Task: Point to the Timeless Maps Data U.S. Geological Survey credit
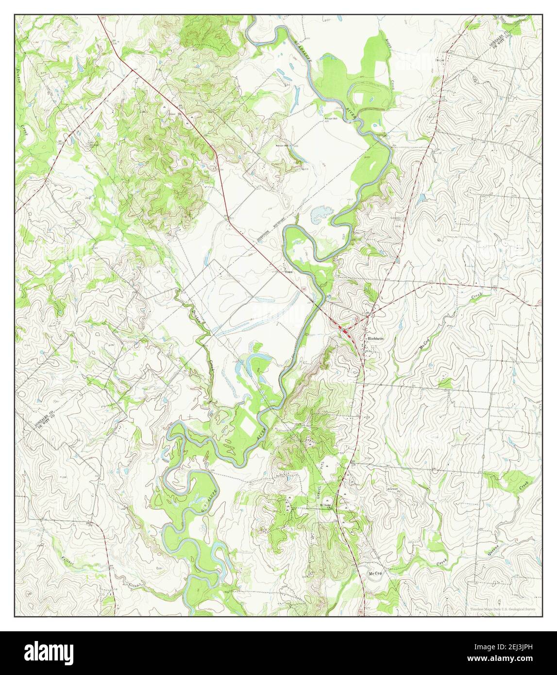(503, 609)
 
